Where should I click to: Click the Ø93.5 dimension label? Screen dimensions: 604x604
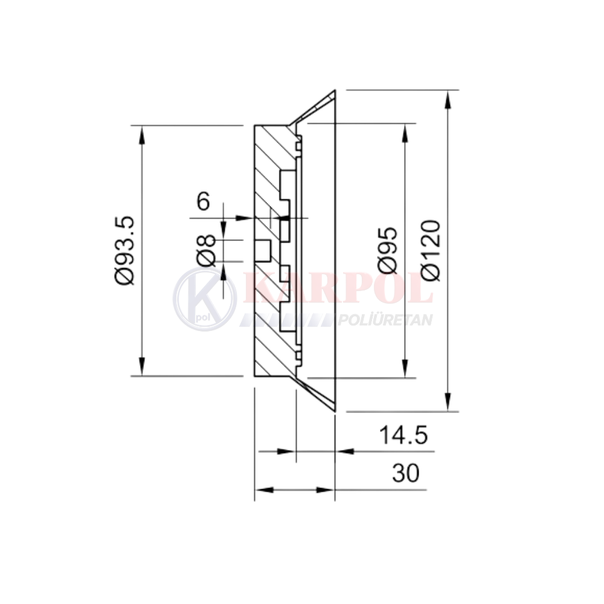pyautogui.click(x=125, y=251)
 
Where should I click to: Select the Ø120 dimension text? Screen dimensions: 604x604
pyautogui.click(x=430, y=250)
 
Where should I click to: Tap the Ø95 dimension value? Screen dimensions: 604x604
pyautogui.click(x=387, y=250)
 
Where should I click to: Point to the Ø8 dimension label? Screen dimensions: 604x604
pyautogui.click(x=206, y=251)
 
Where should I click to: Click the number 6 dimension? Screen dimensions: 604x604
pyautogui.click(x=204, y=202)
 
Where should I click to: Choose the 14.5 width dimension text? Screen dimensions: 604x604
pyautogui.click(x=403, y=435)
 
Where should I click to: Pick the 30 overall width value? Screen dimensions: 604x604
pyautogui.click(x=406, y=473)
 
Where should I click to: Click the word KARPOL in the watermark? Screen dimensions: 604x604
pyautogui.click(x=339, y=288)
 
